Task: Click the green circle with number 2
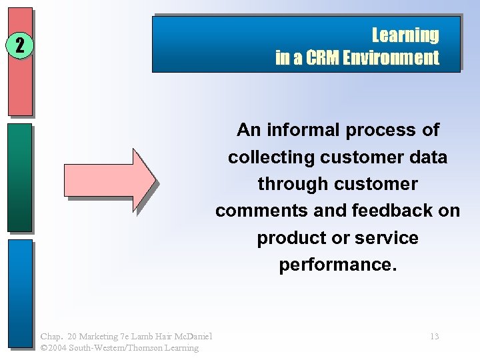(x=20, y=45)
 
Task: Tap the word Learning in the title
(x=405, y=35)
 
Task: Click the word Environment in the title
(x=391, y=58)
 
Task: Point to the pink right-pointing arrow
(x=109, y=179)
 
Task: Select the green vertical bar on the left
(x=20, y=177)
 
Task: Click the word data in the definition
(x=428, y=157)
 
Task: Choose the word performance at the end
(x=337, y=265)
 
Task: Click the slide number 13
(x=434, y=337)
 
